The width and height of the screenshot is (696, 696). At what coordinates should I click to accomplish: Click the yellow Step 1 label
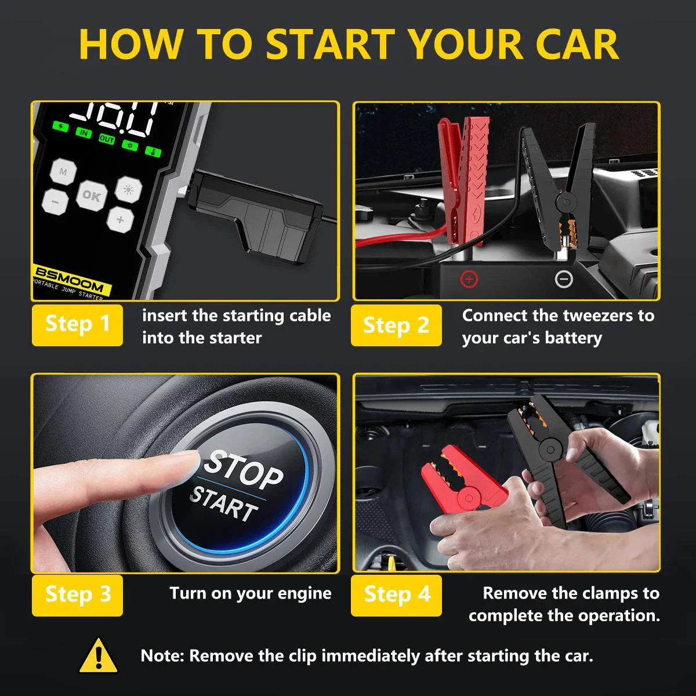[x=77, y=324]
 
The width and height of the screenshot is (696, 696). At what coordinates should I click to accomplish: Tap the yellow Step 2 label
[x=396, y=325]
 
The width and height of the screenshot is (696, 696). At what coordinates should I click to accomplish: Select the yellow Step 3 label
[x=77, y=594]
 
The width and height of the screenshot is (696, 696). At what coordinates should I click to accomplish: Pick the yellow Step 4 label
[x=397, y=595]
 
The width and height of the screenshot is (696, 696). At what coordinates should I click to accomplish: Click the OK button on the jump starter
[x=91, y=195]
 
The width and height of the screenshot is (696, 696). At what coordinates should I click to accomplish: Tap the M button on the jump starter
[x=63, y=172]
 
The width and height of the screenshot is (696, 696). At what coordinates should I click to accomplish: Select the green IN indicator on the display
[x=84, y=133]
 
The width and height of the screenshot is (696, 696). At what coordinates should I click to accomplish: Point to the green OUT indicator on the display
[x=107, y=139]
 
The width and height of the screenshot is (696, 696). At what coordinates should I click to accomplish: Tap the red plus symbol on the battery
[x=469, y=280]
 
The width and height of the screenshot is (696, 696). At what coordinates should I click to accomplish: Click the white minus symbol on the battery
[x=563, y=280]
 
